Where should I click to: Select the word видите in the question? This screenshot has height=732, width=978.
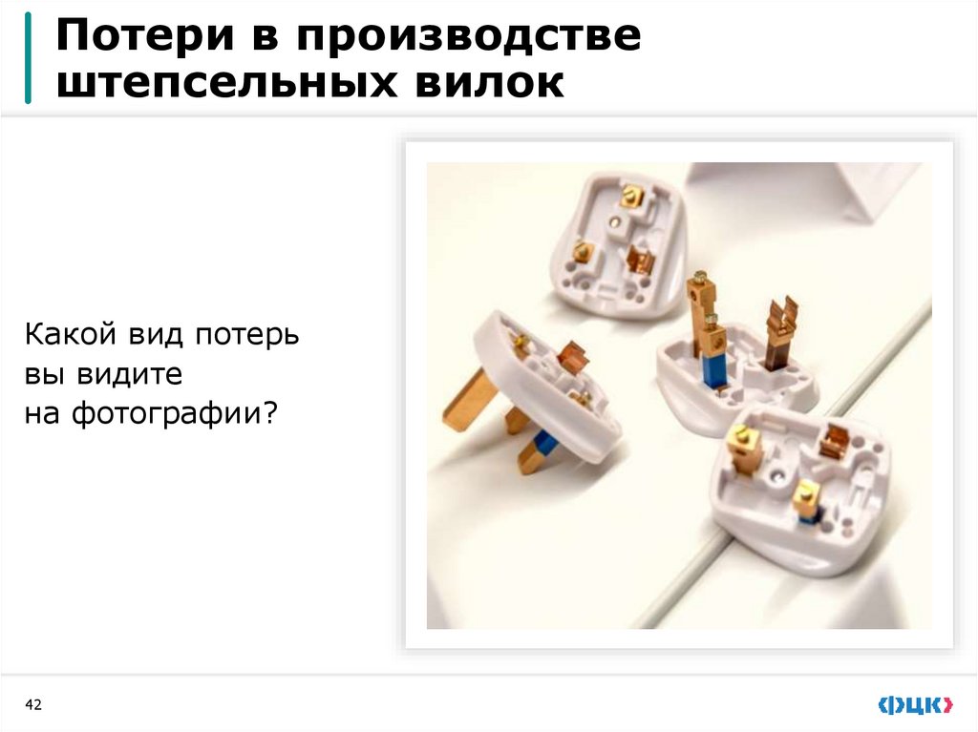pyautogui.click(x=134, y=374)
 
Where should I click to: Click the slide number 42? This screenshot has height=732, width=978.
pyautogui.click(x=34, y=705)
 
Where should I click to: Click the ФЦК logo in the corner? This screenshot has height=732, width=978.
pyautogui.click(x=915, y=705)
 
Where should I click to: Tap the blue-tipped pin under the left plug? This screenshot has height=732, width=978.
pyautogui.click(x=541, y=448)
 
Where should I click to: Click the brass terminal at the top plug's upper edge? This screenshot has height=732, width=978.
pyautogui.click(x=630, y=197)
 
